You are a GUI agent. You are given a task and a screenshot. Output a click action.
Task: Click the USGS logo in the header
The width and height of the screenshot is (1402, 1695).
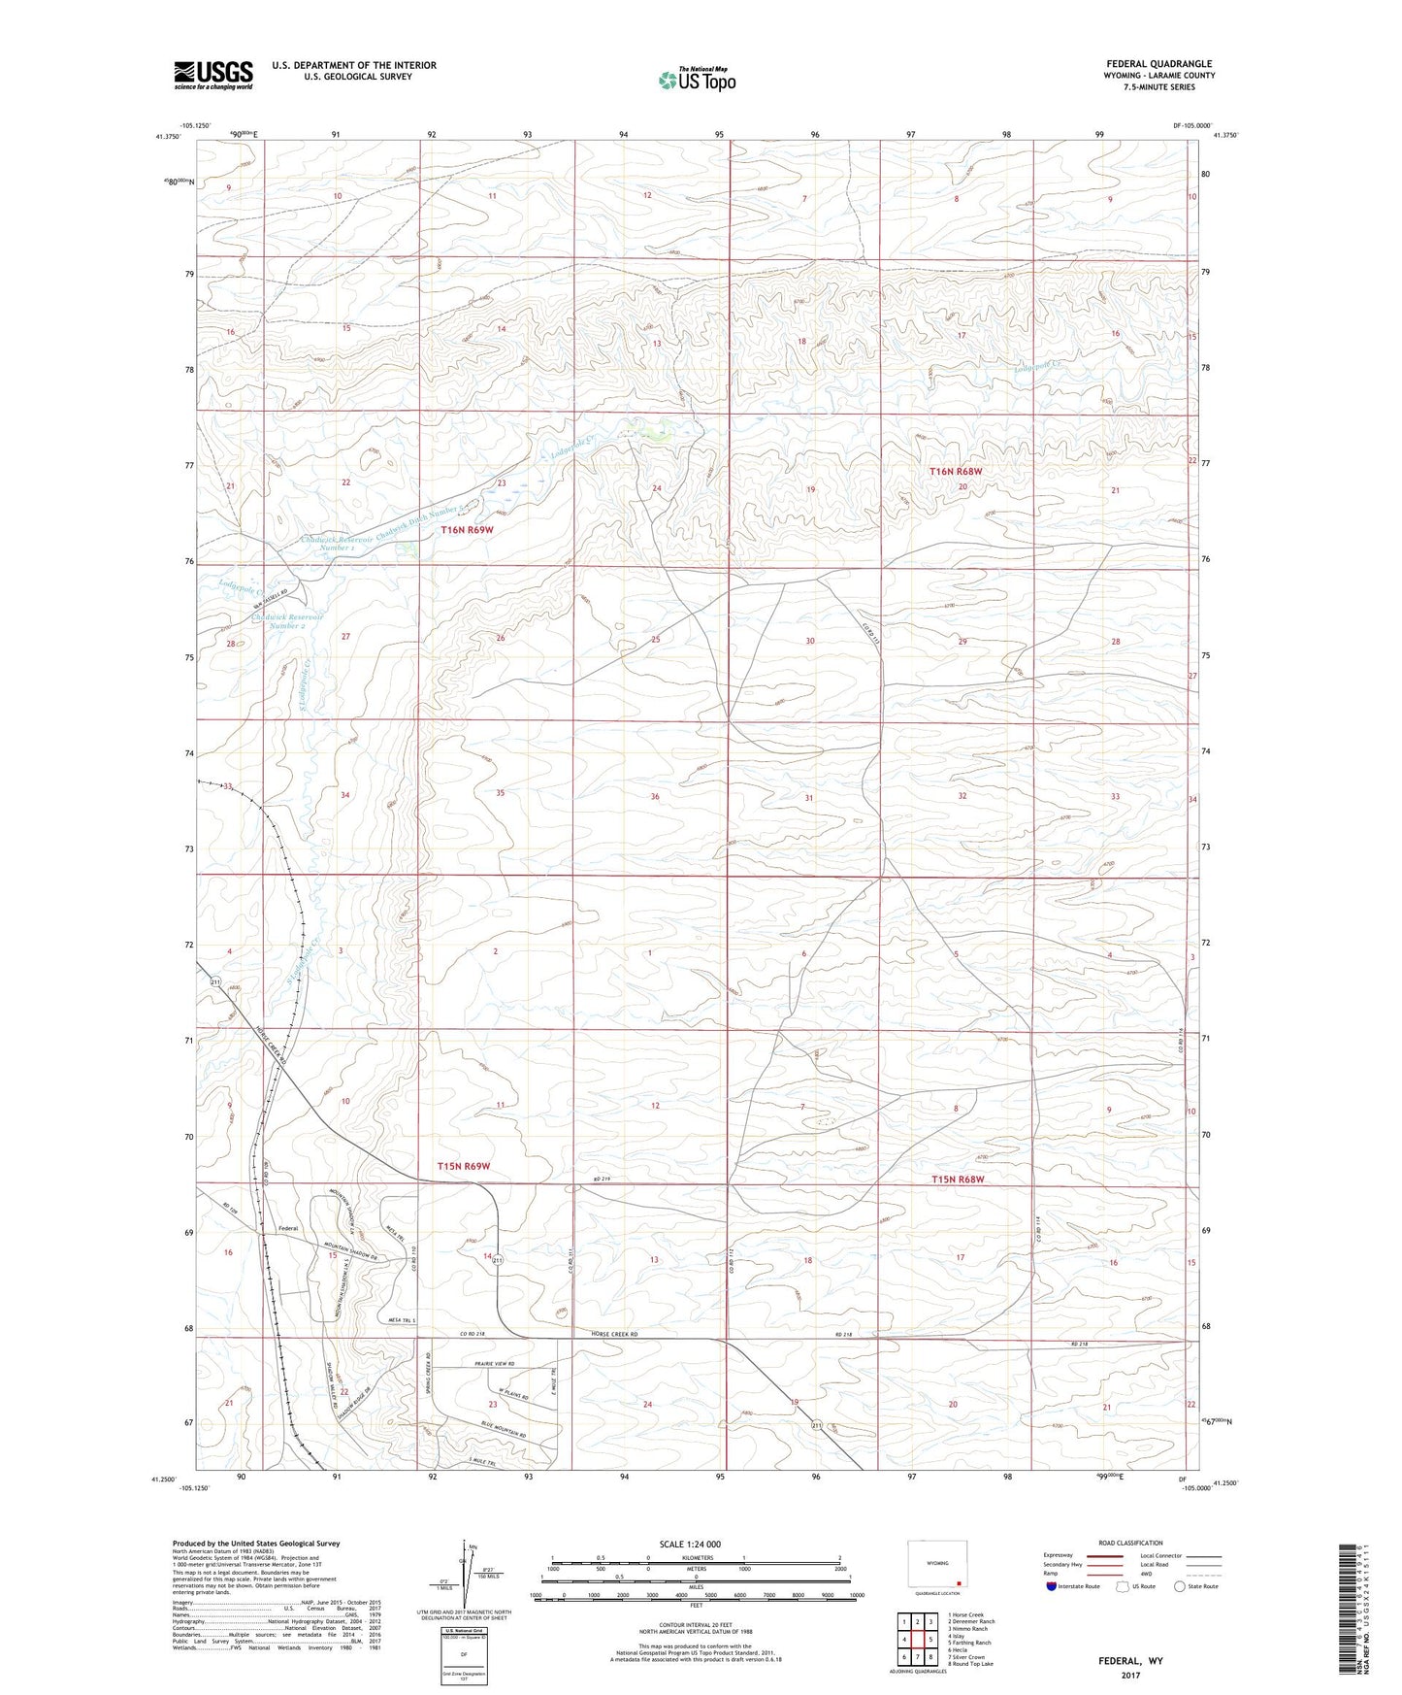212,75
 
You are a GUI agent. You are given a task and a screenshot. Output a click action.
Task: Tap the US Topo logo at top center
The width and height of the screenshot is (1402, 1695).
696,81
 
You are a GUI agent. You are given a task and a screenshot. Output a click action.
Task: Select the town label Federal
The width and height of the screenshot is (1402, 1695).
288,1228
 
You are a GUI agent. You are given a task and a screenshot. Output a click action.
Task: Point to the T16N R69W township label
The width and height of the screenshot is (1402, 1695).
467,530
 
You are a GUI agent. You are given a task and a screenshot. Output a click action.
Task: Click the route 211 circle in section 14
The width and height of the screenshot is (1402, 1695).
497,1260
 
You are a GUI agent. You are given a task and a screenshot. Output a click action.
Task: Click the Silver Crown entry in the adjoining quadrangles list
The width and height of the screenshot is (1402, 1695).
970,1657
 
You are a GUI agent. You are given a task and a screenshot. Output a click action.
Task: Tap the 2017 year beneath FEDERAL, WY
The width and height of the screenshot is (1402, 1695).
1130,1676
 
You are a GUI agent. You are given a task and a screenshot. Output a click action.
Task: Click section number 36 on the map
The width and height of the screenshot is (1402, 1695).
655,797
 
